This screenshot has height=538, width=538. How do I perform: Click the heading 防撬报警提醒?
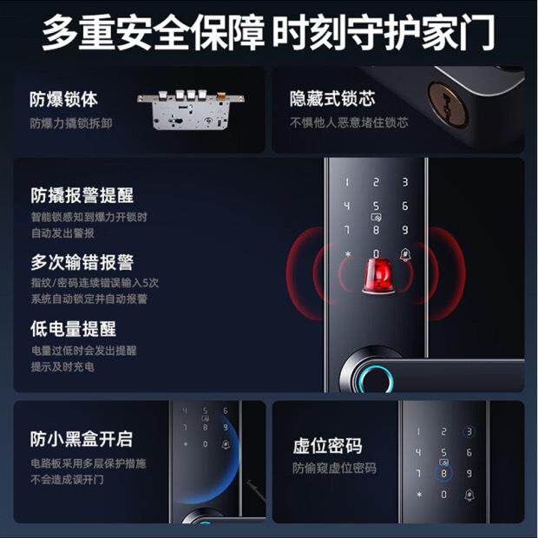click(x=82, y=195)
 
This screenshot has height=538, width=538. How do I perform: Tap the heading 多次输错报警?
click(x=82, y=262)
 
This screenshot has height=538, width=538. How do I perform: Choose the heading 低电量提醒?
click(x=73, y=329)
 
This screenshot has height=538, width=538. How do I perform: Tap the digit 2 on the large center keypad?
click(x=376, y=182)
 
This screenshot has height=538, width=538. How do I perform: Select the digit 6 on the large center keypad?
click(x=404, y=207)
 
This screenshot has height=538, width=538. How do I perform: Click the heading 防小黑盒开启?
click(x=82, y=440)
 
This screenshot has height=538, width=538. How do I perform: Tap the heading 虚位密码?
click(x=327, y=447)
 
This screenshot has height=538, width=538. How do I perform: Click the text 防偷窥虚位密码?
click(x=334, y=469)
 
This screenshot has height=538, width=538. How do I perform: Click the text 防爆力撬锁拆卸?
click(x=70, y=122)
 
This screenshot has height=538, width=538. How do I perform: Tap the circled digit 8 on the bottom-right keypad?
click(x=443, y=473)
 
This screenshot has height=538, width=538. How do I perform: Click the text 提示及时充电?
click(x=62, y=366)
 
